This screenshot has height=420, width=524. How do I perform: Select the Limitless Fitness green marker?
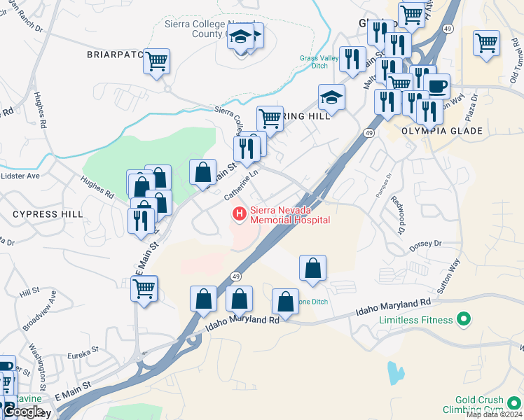(462, 320)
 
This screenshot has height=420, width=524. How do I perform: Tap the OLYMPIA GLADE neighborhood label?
(441, 131)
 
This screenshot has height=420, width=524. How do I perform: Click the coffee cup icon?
(436, 86)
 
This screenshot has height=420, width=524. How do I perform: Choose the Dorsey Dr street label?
(427, 244)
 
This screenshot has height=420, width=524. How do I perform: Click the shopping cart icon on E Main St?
(144, 288)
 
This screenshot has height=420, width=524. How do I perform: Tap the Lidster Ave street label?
(20, 176)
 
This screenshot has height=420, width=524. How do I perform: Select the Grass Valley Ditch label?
(314, 62)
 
